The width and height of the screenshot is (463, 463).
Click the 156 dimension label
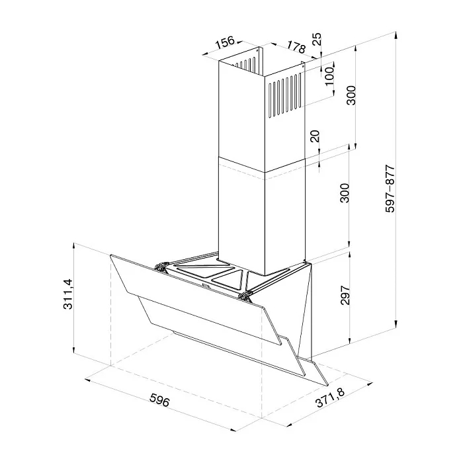(x=225, y=42)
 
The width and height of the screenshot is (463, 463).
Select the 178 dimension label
(x=296, y=47)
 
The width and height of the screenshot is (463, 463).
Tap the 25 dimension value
(x=317, y=38)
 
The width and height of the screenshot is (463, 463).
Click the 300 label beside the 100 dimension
(x=351, y=95)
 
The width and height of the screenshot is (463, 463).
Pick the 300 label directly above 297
(x=345, y=193)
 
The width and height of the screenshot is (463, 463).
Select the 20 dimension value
(x=316, y=136)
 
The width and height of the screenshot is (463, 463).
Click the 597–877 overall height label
(x=390, y=189)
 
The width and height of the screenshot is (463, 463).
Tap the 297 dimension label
(x=345, y=295)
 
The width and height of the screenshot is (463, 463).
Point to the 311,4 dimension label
(x=68, y=294)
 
